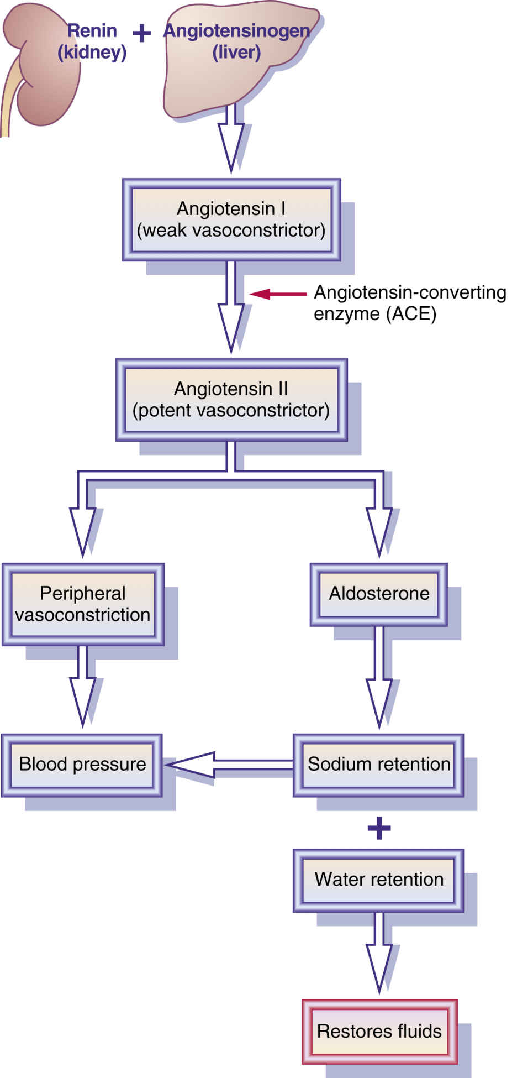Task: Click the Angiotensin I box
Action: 231,219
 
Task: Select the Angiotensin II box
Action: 231,400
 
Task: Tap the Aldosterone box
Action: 379,594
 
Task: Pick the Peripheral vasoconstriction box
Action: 83,604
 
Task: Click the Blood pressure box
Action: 82,765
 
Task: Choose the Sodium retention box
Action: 378,765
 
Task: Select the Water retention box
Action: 378,880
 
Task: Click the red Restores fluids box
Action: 379,1032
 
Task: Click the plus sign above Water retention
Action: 379,828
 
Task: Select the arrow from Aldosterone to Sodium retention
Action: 379,680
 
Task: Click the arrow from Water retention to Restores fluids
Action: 379,954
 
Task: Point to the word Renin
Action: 92,31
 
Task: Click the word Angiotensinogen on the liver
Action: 236,31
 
